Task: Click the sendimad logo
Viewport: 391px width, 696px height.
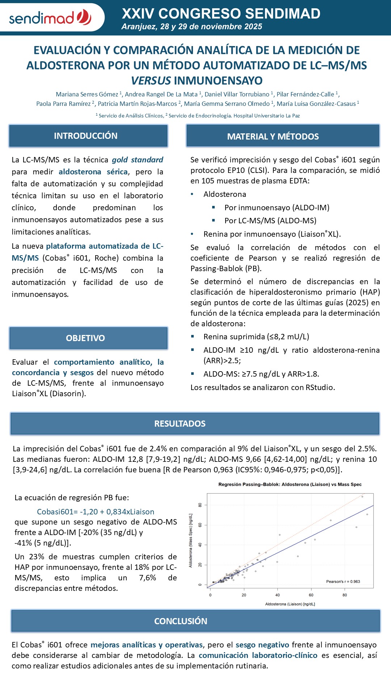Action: pyautogui.click(x=50, y=17)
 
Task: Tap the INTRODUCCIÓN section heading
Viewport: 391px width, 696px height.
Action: pyautogui.click(x=86, y=136)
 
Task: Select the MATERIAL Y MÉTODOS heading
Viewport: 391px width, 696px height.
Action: pyautogui.click(x=273, y=137)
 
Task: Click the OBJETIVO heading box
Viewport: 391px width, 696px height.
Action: pyautogui.click(x=85, y=338)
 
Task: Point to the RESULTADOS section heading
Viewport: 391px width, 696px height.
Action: pyautogui.click(x=180, y=424)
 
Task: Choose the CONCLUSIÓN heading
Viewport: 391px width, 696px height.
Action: pyautogui.click(x=181, y=621)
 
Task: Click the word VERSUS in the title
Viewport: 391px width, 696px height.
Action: pyautogui.click(x=151, y=80)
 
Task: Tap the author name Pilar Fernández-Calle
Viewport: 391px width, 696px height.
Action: pyautogui.click(x=305, y=94)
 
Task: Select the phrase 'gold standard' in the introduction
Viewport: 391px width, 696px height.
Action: pyautogui.click(x=138, y=160)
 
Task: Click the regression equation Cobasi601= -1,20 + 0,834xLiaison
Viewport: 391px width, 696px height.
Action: pyautogui.click(x=96, y=512)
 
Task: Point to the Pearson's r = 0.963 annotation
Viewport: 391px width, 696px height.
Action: pyautogui.click(x=343, y=581)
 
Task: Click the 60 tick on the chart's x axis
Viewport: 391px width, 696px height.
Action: pyautogui.click(x=311, y=595)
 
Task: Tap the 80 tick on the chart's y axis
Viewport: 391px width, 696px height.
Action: pyautogui.click(x=200, y=505)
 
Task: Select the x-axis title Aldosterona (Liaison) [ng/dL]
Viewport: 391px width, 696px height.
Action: pyautogui.click(x=290, y=604)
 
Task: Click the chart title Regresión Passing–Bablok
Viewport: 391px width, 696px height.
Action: pyautogui.click(x=290, y=484)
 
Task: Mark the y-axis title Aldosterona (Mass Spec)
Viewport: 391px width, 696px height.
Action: pyautogui.click(x=191, y=540)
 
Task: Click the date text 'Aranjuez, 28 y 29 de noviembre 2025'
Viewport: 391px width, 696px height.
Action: pyautogui.click(x=192, y=27)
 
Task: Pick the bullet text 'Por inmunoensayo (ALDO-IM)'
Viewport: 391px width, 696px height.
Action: pyautogui.click(x=277, y=208)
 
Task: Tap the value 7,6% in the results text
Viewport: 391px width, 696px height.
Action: pyautogui.click(x=148, y=578)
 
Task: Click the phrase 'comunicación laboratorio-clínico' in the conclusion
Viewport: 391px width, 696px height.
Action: pyautogui.click(x=258, y=655)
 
